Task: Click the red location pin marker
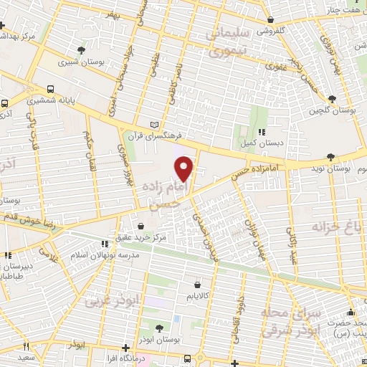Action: [x=184, y=168]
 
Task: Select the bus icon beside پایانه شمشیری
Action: [x=50, y=90]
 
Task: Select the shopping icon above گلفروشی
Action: [x=269, y=20]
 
